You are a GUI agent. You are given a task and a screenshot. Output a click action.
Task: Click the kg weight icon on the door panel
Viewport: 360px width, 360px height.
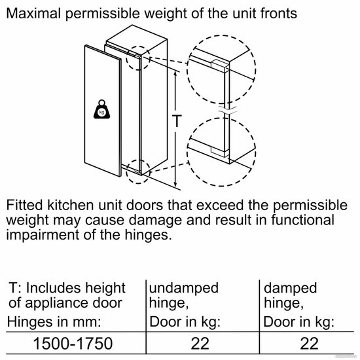pyautogui.click(x=101, y=109)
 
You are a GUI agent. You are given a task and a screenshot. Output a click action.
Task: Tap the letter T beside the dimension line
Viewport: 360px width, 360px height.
pyautogui.click(x=177, y=121)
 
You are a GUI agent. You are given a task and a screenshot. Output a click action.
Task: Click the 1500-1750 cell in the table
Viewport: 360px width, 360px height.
pyautogui.click(x=73, y=344)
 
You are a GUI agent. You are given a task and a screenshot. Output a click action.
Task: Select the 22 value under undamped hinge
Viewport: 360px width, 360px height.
pyautogui.click(x=200, y=344)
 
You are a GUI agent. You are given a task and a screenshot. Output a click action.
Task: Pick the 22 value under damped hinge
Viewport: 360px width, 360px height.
pyautogui.click(x=309, y=344)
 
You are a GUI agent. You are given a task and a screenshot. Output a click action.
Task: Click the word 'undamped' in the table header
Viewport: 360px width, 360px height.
pyautogui.click(x=184, y=288)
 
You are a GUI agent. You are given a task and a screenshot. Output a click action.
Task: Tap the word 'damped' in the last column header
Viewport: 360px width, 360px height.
pyautogui.click(x=290, y=289)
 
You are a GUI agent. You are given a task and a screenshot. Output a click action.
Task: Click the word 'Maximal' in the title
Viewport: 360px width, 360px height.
pyautogui.click(x=33, y=13)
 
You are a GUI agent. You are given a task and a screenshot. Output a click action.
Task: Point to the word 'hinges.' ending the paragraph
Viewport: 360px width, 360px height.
pyautogui.click(x=148, y=234)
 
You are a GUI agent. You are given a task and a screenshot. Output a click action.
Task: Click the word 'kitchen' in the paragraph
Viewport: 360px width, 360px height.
pyautogui.click(x=70, y=205)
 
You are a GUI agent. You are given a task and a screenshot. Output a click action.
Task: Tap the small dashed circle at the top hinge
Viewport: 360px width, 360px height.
pyautogui.click(x=137, y=58)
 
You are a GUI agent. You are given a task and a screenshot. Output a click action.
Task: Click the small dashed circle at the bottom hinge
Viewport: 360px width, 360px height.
pyautogui.click(x=138, y=171)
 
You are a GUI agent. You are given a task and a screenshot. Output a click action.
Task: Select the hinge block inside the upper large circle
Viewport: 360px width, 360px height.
pyautogui.click(x=220, y=65)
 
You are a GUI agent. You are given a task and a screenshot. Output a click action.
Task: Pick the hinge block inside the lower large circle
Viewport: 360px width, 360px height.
pyautogui.click(x=220, y=152)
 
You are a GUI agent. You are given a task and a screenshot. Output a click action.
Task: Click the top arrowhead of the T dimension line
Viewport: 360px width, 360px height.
pyautogui.click(x=175, y=74)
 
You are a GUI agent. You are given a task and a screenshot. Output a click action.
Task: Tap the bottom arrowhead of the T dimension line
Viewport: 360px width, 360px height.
pyautogui.click(x=175, y=185)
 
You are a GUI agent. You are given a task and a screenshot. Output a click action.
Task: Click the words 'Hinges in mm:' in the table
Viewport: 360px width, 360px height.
pyautogui.click(x=54, y=321)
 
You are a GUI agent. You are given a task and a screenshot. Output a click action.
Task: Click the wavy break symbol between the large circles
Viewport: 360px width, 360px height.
pyautogui.click(x=227, y=110)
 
